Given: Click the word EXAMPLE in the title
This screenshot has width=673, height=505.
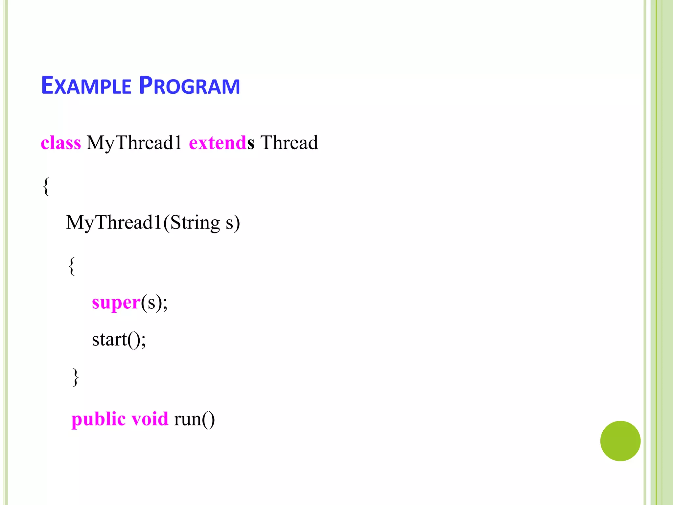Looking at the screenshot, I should point(86,86).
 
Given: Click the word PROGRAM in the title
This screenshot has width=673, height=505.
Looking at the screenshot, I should point(190,86).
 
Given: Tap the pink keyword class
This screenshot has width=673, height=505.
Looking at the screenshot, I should point(61,143).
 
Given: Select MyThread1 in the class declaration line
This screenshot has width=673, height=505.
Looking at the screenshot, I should point(134,143).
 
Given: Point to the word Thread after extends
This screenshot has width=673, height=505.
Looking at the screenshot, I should point(289,143).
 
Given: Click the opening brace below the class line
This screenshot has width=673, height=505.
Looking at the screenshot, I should point(46,186).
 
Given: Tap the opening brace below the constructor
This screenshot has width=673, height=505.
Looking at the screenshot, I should point(72,266).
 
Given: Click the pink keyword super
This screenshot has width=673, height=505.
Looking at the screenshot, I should point(116,302).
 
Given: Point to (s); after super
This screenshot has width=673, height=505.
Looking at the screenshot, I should point(154,302).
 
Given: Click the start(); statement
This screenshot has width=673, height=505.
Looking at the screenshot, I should point(119,339).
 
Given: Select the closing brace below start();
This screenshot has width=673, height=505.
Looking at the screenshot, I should point(76,377).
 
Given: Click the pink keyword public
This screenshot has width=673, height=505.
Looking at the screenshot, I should point(98,419).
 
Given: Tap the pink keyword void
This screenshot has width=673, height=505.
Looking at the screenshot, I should point(150,419).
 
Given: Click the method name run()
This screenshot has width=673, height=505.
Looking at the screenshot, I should point(194,419).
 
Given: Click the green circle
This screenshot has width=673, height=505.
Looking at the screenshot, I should point(620,441).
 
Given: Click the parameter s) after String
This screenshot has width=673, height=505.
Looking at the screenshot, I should point(233,223).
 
